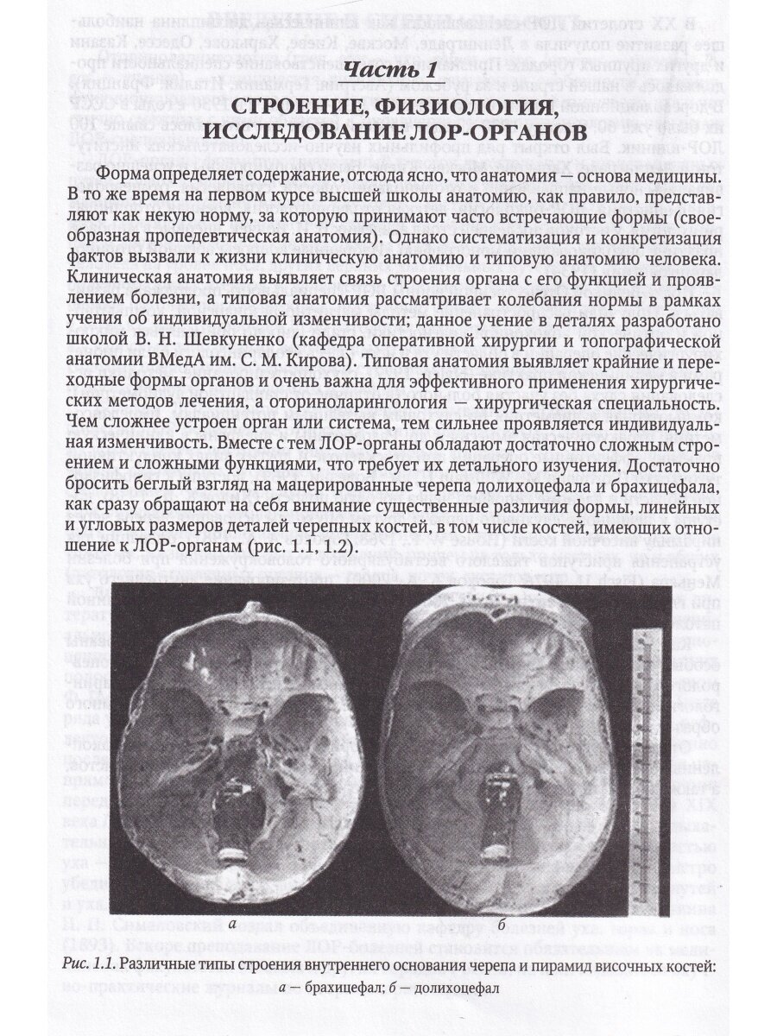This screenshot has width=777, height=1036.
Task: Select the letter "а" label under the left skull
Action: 232,925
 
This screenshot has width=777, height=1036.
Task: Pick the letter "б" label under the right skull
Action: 500,925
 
